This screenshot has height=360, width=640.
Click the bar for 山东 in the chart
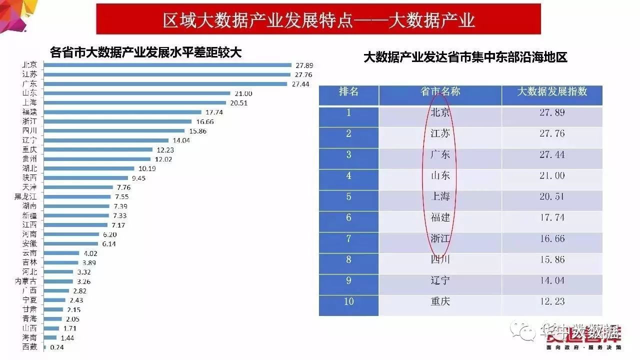click(137, 93)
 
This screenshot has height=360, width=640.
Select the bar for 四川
click(115, 131)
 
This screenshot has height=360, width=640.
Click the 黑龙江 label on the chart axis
click(26, 196)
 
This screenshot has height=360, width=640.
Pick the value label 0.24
click(56, 347)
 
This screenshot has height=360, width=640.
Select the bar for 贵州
click(99, 159)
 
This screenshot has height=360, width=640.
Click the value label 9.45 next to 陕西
click(139, 178)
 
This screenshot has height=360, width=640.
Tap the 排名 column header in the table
click(348, 92)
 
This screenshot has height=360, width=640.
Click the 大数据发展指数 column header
click(551, 92)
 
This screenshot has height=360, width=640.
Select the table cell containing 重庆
click(440, 301)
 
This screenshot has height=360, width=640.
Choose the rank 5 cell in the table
click(348, 197)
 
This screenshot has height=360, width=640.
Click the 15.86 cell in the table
click(552, 259)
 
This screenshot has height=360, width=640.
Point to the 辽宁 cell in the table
click(440, 280)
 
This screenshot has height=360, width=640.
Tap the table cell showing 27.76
click(552, 133)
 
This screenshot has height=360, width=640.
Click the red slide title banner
click(318, 19)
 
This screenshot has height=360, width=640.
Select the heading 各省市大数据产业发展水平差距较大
click(145, 52)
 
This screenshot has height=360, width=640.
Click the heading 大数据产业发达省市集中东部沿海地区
click(465, 57)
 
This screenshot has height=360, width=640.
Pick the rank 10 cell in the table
click(348, 301)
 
